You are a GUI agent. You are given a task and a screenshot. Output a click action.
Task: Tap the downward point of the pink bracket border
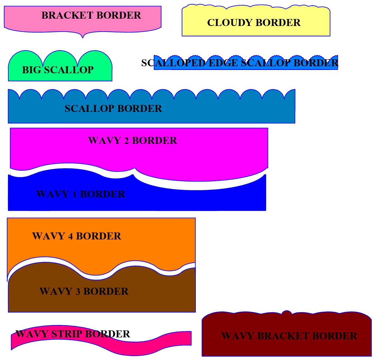tap(83, 36)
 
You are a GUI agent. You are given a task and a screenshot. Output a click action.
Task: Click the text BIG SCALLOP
tap(58, 70)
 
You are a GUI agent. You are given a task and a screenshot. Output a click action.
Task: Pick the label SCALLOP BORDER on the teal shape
tap(113, 109)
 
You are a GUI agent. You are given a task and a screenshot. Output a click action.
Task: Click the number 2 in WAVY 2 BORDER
tap(126, 141)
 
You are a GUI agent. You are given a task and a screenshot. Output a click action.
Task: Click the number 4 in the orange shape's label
tap(70, 236)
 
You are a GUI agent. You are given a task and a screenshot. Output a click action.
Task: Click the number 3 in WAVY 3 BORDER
tap(78, 291)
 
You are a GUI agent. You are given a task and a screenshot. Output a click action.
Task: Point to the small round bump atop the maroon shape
tap(287, 312)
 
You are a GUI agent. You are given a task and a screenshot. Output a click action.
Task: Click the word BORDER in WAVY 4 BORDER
tap(99, 236)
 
